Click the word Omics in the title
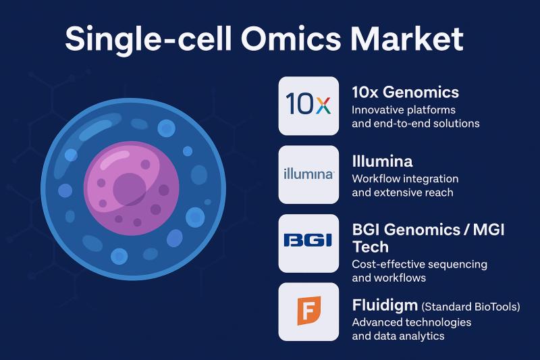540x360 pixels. (291, 38)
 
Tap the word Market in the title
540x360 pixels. (407, 38)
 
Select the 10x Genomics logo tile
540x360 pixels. (308, 106)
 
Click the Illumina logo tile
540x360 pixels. (308, 175)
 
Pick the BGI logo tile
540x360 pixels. (308, 243)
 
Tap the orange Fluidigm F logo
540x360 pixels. (309, 310)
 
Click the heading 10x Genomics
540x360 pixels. (406, 93)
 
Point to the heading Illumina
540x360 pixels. (382, 161)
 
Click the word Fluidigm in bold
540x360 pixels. (385, 305)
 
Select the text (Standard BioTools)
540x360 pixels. (470, 307)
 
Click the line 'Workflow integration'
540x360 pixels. (406, 179)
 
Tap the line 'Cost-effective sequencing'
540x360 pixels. (419, 264)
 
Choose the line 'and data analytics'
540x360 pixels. (398, 336)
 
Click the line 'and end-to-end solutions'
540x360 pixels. (416, 124)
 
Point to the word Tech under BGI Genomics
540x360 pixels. (371, 247)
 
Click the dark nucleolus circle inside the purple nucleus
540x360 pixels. (130, 189)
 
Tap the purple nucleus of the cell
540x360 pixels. (132, 188)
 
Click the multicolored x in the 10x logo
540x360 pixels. (323, 105)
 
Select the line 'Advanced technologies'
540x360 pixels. (412, 322)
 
